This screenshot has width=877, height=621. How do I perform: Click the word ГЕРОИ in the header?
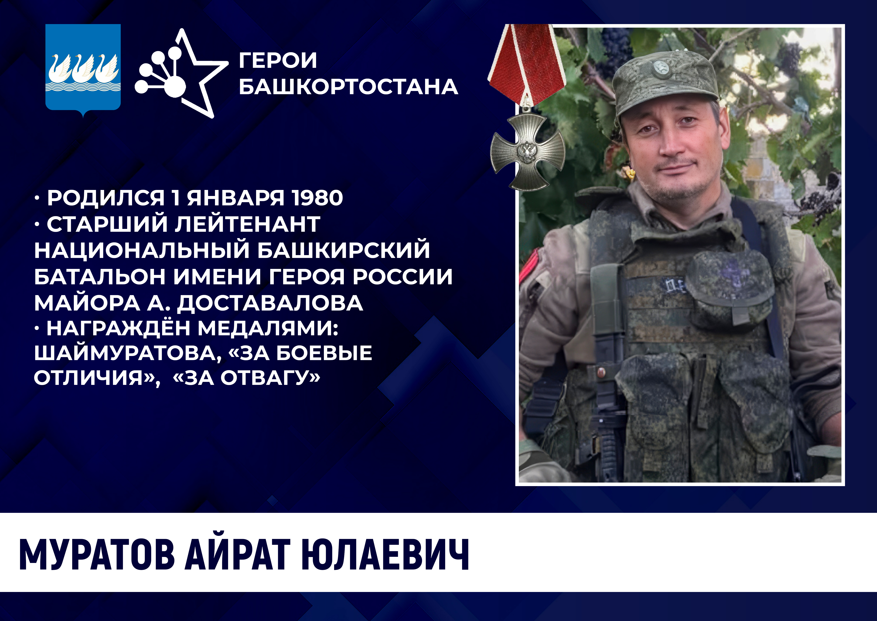click(x=278, y=60)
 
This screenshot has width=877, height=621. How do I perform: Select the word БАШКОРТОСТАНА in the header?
click(x=348, y=86)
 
